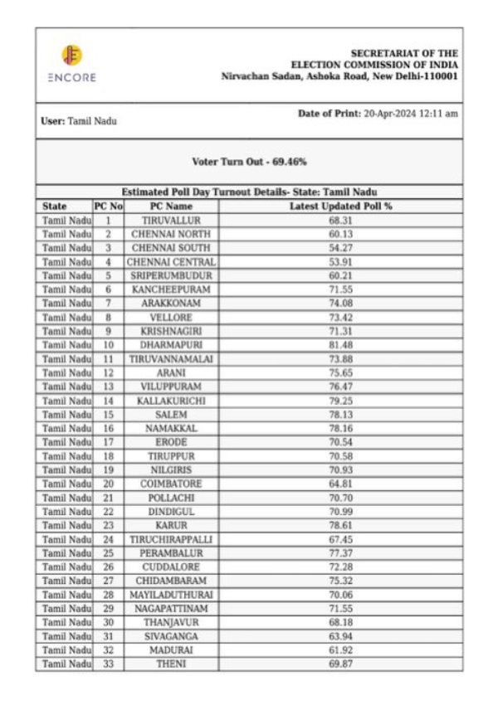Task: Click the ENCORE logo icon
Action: (x=71, y=56)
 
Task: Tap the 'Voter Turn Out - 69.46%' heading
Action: (x=249, y=161)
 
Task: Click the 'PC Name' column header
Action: (x=171, y=206)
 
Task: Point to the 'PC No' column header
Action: (x=108, y=206)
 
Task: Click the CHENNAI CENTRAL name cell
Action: (x=171, y=261)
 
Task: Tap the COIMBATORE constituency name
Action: (x=171, y=484)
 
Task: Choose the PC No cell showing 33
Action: (x=108, y=664)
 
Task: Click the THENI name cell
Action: (x=171, y=664)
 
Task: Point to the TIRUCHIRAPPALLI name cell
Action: (x=171, y=539)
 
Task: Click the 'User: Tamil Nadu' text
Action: (x=79, y=121)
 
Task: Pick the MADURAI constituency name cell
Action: (x=171, y=650)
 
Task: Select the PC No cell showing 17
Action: (x=108, y=442)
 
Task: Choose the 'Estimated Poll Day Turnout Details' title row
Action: (x=249, y=192)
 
